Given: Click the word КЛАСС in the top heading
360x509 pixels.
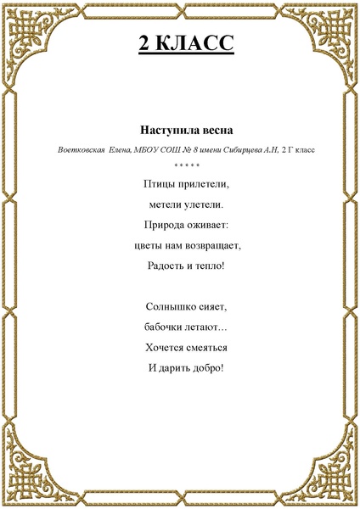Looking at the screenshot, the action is [x=197, y=44].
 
